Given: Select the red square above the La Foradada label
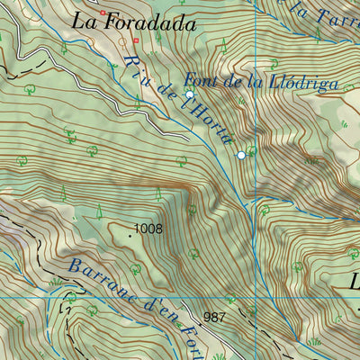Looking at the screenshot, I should [103, 13].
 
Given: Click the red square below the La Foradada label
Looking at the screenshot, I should [136, 40].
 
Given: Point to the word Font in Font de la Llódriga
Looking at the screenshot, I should [202, 79].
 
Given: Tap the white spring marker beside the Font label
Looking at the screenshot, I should [190, 94].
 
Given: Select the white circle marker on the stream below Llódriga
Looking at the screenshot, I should [241, 156].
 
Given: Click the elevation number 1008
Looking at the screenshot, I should [148, 229].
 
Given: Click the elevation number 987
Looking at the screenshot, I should [214, 317].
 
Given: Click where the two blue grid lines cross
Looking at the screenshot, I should [256, 297].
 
